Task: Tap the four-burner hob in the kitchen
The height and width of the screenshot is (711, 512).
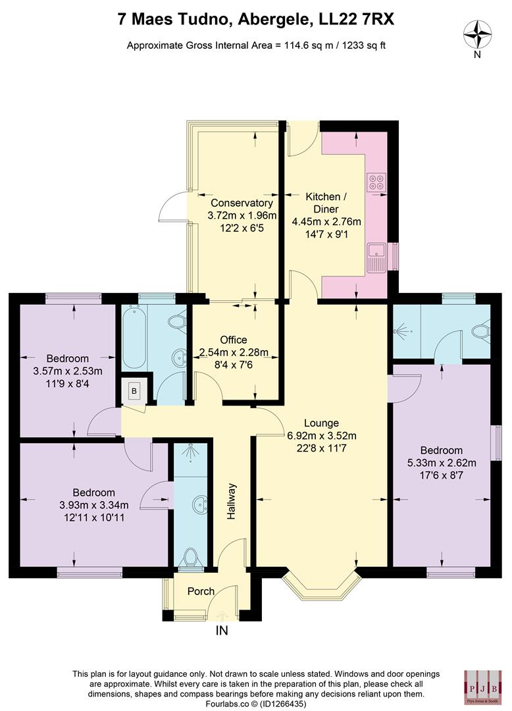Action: click(x=378, y=182)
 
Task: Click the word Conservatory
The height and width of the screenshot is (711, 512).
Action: click(x=242, y=203)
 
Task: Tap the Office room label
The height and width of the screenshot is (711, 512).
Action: click(x=234, y=340)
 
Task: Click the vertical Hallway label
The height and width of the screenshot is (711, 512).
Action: click(x=231, y=502)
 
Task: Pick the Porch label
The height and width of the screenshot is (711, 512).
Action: click(x=201, y=591)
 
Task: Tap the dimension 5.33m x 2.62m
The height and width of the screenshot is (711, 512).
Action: click(x=442, y=463)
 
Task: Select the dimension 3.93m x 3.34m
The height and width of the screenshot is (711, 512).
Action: click(x=93, y=505)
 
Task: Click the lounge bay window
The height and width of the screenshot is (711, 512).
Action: click(x=322, y=585)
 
